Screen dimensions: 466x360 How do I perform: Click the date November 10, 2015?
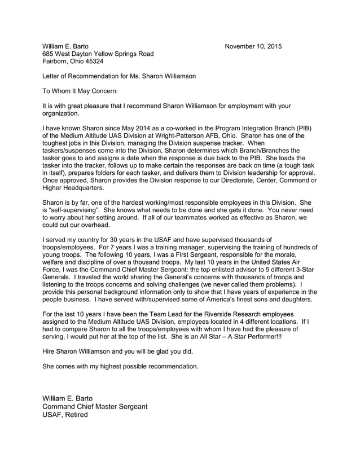[x=253, y=46]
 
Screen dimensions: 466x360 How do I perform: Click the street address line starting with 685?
[x=98, y=54]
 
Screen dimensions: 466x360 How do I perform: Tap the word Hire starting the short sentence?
[x=50, y=350]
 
